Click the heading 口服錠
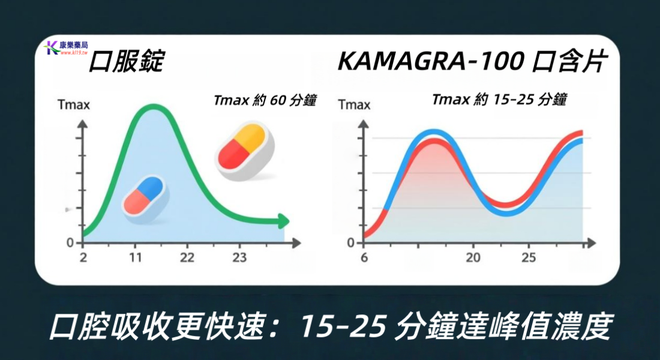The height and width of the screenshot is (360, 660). coord(126,62)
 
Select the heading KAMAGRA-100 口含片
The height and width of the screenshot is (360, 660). coord(473,62)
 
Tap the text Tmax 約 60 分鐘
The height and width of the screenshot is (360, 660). coord(265,100)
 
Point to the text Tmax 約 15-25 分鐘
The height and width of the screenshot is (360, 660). coord(499,100)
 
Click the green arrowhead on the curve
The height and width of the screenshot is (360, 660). coord(282,221)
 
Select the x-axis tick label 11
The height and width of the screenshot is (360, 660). coord(136,258)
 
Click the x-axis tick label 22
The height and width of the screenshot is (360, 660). coord(187,258)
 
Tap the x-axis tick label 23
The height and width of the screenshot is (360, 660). coord(239,258)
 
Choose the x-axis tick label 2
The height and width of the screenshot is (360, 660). coord(83,258)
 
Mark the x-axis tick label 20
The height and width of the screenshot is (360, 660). coord(473,258)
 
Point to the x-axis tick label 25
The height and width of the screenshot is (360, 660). coord(529,258)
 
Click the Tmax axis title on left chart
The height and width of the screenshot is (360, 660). coord(74,106)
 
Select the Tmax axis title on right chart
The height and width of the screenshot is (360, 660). coord(353,106)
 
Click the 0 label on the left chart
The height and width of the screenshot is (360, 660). coord(70,243)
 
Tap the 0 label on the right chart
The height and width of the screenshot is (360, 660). coord(350,243)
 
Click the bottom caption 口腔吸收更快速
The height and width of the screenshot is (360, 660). coord(159,327)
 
